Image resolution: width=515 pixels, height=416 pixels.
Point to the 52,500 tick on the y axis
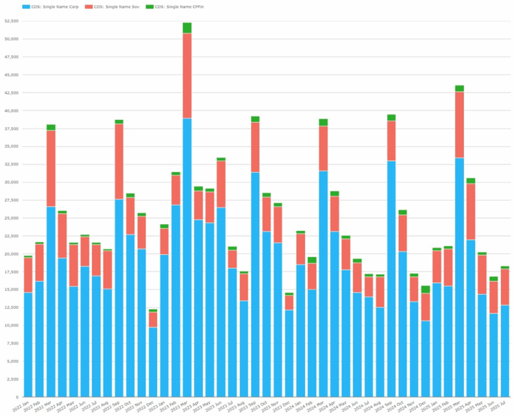coord(11,21)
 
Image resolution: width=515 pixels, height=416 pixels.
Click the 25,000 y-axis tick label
coord(11,218)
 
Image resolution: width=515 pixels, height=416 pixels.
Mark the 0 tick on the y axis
coord(17,397)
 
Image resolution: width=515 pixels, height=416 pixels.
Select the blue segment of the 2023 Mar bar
coord(187,257)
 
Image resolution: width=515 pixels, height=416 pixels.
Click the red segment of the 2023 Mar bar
coord(187,75)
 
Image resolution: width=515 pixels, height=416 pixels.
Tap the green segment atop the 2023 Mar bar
coord(187,28)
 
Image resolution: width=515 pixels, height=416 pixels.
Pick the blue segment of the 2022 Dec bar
coord(153,362)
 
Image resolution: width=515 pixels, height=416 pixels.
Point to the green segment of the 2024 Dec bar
coord(425,289)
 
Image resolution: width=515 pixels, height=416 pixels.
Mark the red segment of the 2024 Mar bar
coord(323,148)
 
